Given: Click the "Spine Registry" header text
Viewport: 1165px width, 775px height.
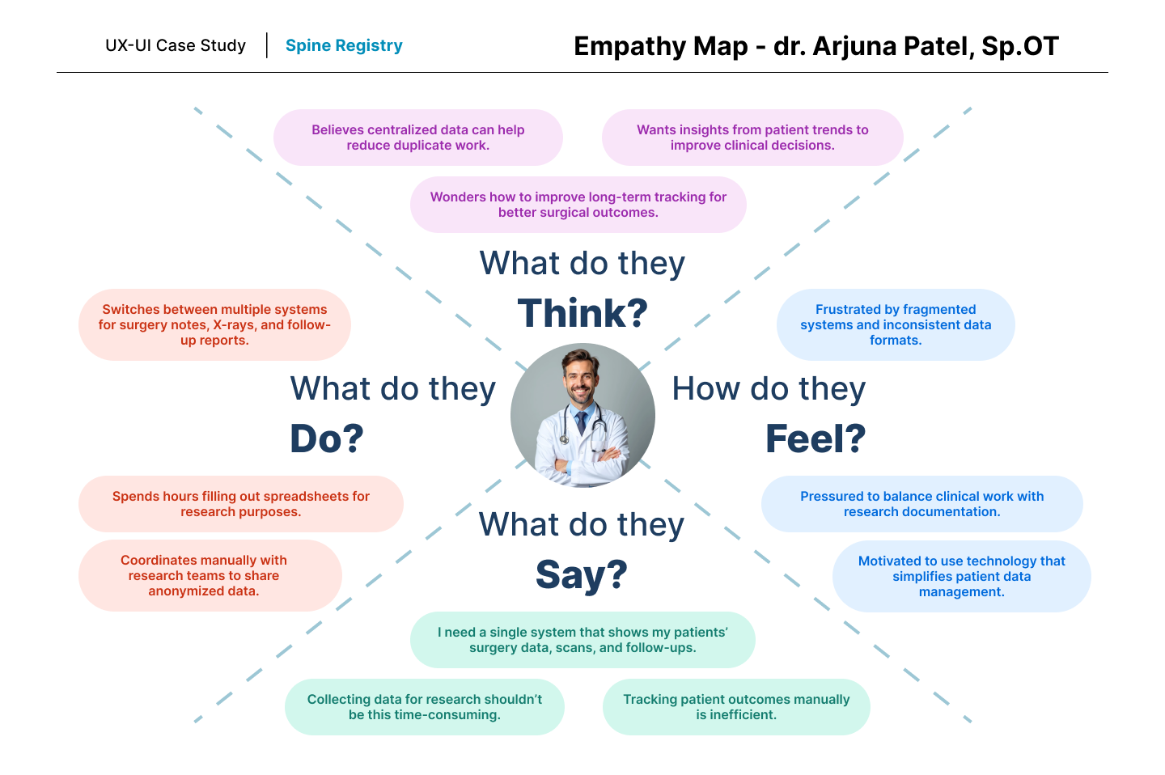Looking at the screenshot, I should (x=344, y=45).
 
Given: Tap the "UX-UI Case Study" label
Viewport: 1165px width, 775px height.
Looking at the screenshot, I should (x=176, y=45).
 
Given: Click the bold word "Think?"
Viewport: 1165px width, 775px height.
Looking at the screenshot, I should (x=582, y=313).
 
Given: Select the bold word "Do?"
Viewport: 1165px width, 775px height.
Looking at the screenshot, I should (x=327, y=438).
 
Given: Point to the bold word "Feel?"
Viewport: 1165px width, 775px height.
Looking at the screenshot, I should (x=815, y=438).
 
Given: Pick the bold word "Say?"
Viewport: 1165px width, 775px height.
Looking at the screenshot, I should (x=582, y=574).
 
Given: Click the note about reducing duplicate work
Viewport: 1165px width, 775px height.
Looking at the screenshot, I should (x=417, y=138).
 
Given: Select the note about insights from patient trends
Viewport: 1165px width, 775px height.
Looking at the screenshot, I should (x=752, y=138).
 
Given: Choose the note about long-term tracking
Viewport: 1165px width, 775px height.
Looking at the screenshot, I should (x=578, y=205).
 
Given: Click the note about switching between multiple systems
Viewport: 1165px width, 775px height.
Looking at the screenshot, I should (x=214, y=324).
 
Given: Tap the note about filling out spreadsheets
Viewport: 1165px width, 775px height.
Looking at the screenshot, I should (x=240, y=504).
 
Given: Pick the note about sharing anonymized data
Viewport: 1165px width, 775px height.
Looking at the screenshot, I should (x=204, y=575).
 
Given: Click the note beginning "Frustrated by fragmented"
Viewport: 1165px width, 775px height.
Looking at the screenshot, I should (x=896, y=324).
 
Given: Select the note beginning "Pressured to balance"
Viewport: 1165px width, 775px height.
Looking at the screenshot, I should (x=921, y=504).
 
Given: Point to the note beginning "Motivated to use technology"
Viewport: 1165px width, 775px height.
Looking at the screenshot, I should (x=961, y=576).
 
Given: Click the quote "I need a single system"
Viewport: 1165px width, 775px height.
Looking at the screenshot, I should (x=582, y=640).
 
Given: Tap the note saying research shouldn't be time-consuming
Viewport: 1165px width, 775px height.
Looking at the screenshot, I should (x=424, y=707).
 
